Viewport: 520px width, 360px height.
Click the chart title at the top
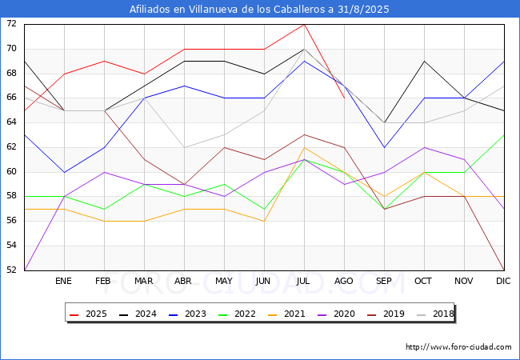coord(259,9)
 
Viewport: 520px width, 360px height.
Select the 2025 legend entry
coord(88,314)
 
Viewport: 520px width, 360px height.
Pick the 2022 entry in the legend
coord(237,314)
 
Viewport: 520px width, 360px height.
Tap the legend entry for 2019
coord(386,314)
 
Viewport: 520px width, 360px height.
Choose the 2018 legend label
coord(435,314)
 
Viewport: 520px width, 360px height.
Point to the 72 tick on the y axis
coord(11,24)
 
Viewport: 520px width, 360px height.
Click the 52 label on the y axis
coord(11,270)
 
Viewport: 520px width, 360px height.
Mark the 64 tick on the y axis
coord(11,122)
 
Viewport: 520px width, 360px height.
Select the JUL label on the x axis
coord(303,281)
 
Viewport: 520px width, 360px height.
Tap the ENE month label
coord(63,281)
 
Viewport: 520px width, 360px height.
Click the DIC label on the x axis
coord(503,281)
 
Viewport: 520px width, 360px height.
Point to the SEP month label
coord(384,281)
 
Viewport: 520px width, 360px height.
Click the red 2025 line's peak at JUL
coord(305,25)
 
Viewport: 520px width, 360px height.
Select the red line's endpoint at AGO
coord(345,98)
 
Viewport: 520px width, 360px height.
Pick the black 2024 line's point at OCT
coord(425,62)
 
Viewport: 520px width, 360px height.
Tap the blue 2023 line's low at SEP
coord(384,147)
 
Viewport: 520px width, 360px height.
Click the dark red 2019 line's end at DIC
coord(504,270)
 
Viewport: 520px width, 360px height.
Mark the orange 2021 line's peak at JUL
coord(305,147)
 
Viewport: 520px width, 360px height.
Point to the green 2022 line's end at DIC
coord(504,135)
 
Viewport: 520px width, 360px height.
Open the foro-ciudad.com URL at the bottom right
coord(458,347)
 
